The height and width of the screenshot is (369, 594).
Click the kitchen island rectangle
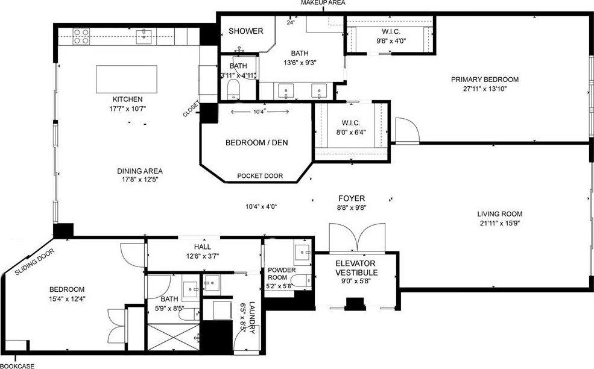(127, 79)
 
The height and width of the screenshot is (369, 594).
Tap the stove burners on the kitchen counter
(81, 37)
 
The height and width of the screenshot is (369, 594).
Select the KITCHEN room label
(127, 99)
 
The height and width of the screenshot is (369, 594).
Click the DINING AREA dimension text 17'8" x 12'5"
(140, 180)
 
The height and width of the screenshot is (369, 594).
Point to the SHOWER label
(245, 31)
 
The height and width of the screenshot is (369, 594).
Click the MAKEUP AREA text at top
(323, 3)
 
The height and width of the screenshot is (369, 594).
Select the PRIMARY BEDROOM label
(484, 79)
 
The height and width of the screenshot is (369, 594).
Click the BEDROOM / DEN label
(256, 143)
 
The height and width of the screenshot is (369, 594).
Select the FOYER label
(352, 198)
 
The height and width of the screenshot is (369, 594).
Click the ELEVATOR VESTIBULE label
(355, 268)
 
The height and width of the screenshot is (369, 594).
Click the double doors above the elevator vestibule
(356, 236)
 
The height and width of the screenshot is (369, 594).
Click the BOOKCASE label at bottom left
(17, 365)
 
